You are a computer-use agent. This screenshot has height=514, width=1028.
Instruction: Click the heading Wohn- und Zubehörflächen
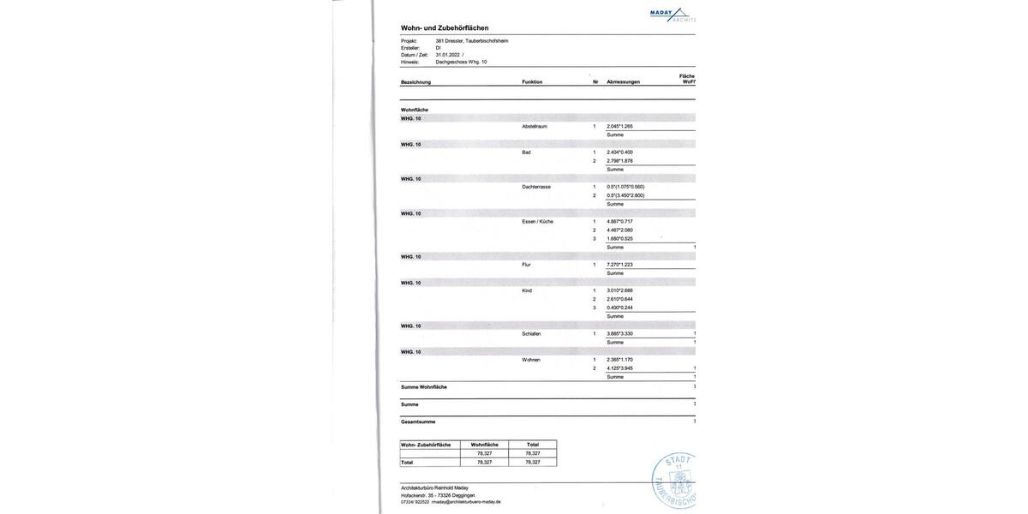[445, 28]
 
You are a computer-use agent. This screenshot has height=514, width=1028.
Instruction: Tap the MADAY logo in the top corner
[672, 14]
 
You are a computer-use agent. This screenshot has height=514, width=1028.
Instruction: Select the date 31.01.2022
[448, 55]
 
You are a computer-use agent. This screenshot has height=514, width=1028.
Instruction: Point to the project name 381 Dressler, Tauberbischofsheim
[471, 41]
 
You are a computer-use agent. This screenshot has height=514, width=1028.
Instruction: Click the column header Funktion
[532, 82]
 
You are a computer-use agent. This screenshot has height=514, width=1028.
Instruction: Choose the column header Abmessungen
[623, 82]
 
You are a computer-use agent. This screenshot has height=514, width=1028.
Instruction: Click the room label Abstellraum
[535, 126]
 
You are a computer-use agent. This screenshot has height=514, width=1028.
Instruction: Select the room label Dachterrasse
[536, 187]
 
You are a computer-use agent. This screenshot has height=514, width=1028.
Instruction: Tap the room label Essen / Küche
[537, 221]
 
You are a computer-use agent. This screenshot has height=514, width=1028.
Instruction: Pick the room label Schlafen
[531, 334]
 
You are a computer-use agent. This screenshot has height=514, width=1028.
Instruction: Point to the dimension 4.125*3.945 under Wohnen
[619, 368]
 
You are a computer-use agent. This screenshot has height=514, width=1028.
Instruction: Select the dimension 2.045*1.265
[619, 126]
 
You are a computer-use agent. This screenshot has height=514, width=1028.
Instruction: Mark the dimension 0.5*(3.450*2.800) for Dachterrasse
[625, 195]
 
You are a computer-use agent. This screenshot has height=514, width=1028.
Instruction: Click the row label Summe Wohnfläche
[424, 387]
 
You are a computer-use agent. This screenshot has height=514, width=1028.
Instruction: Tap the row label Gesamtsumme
[418, 421]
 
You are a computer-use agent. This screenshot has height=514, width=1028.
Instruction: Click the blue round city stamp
[675, 481]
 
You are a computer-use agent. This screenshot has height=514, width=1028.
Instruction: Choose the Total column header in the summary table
[533, 445]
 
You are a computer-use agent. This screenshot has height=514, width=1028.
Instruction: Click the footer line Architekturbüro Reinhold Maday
[434, 488]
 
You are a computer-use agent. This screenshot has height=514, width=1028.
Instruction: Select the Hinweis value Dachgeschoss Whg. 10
[461, 62]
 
